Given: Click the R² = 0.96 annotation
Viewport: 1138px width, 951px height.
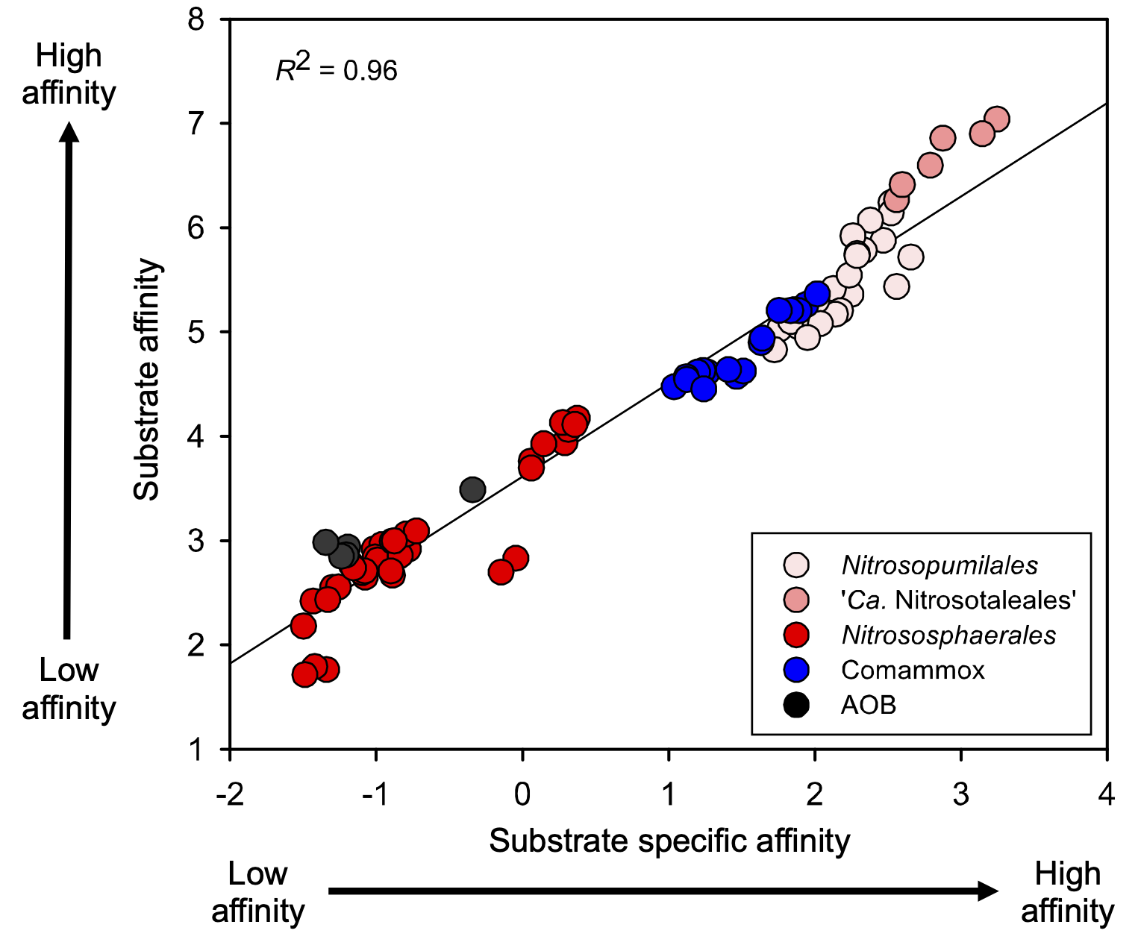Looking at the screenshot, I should pos(337,69).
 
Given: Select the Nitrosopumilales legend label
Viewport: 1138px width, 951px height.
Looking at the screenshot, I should pos(939,565).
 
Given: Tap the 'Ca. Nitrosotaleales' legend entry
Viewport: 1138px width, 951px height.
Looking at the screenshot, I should pos(957,600).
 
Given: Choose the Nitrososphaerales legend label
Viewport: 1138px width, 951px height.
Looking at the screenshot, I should pos(948,635).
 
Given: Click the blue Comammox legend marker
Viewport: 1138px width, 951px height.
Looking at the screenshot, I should pos(796,670).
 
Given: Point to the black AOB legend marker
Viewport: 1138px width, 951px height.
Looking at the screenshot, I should pos(796,705).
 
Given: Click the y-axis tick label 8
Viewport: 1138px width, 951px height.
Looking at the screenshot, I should pos(196,19).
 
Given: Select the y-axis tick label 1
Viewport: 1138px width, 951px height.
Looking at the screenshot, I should pos(196,749).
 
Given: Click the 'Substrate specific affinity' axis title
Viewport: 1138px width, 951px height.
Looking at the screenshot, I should pos(669,841).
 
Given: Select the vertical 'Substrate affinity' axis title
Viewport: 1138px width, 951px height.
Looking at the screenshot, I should pos(146,379).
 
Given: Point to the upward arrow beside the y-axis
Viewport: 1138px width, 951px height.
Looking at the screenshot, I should pos(69,380).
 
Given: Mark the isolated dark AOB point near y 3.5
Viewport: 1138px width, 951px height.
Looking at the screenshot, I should pos(472,490).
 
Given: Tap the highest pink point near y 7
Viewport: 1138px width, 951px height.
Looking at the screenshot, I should pos(996,119).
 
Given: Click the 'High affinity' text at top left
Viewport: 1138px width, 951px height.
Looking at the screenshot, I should pos(69,75).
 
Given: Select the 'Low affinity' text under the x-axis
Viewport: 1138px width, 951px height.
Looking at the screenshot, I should pos(257,892).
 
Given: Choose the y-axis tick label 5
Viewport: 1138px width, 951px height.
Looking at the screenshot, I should pos(196,332).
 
